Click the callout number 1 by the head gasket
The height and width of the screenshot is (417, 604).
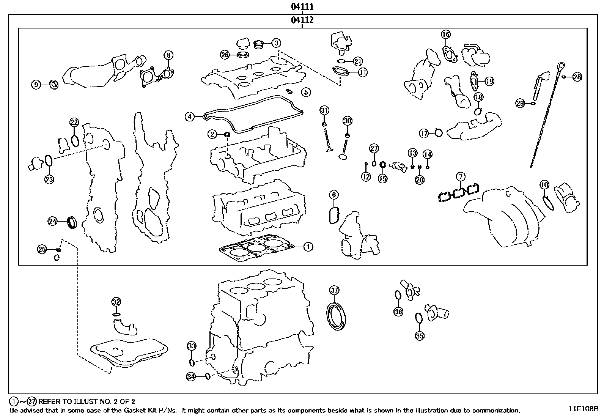coord(308,247)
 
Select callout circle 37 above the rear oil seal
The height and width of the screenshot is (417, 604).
coord(334,290)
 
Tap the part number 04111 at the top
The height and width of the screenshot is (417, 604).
coord(302,6)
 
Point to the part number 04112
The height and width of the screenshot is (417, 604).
coord(302,20)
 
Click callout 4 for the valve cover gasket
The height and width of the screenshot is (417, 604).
coord(190,116)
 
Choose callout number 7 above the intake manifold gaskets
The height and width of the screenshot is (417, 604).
coord(460,176)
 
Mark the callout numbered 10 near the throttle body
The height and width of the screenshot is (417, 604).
coord(544,185)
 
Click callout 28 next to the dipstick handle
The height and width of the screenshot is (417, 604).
coord(577,77)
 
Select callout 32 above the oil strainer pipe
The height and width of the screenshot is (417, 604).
coord(116,302)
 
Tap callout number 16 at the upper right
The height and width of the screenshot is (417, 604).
coord(446,35)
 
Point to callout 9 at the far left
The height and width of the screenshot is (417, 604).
coord(36,85)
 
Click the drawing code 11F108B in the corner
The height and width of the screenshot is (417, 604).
coord(583,409)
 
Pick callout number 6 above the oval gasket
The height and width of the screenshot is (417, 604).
coord(334,195)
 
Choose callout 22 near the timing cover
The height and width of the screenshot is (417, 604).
coord(74,122)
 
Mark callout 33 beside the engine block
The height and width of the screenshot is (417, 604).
coord(192,346)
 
